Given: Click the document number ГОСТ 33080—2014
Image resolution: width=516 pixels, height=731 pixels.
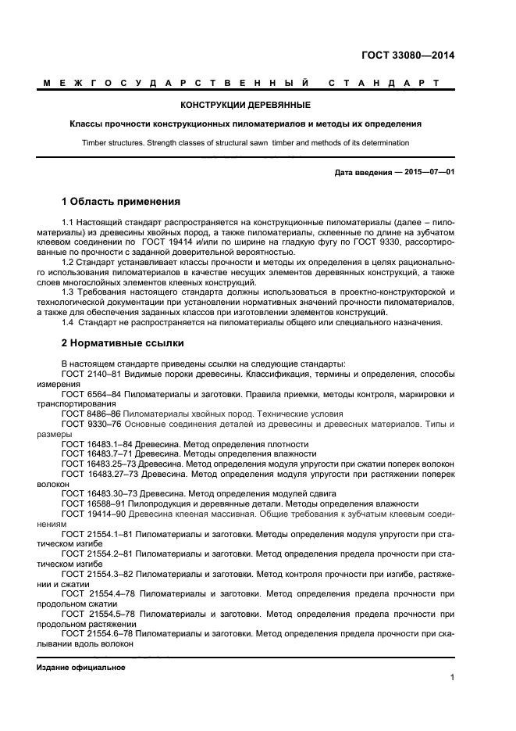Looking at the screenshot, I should point(407,56).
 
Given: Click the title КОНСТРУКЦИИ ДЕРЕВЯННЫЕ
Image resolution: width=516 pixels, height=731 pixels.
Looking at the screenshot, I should point(245,105).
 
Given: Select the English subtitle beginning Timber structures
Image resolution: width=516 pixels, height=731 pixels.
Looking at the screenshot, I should point(245,142).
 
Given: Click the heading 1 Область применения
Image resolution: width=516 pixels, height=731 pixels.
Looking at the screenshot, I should point(121,202).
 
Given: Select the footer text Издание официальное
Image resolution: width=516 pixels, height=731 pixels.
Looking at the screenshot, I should point(81,668).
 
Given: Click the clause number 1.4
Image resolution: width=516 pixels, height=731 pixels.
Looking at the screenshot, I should point(68,323).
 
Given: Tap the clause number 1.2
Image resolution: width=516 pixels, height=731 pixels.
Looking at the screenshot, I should point(68,263).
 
